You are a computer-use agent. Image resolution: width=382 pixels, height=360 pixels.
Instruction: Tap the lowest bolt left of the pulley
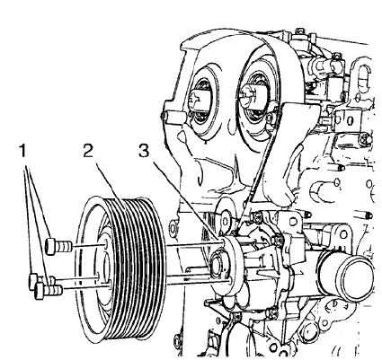tap(39, 288)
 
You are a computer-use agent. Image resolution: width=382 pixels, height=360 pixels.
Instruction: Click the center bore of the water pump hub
tap(219, 267)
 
